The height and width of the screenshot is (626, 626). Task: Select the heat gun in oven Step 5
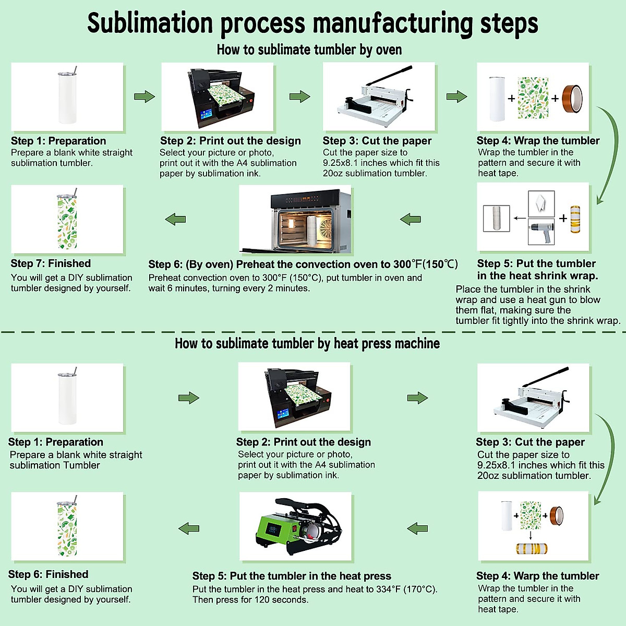(541, 232)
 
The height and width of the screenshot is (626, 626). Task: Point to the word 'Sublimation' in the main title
(150, 23)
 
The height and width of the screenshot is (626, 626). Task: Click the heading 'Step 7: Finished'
(51, 263)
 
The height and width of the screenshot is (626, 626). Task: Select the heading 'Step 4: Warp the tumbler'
(537, 576)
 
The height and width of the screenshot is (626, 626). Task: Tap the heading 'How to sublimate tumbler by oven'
(309, 50)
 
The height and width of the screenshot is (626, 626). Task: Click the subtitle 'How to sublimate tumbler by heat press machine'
(307, 343)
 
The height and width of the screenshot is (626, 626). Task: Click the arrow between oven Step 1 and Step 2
(145, 97)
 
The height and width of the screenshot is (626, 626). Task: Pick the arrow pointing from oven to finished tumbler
(176, 219)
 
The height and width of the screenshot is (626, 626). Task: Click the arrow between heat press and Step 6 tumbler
(189, 528)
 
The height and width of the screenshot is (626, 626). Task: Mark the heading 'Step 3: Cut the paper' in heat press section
(530, 442)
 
